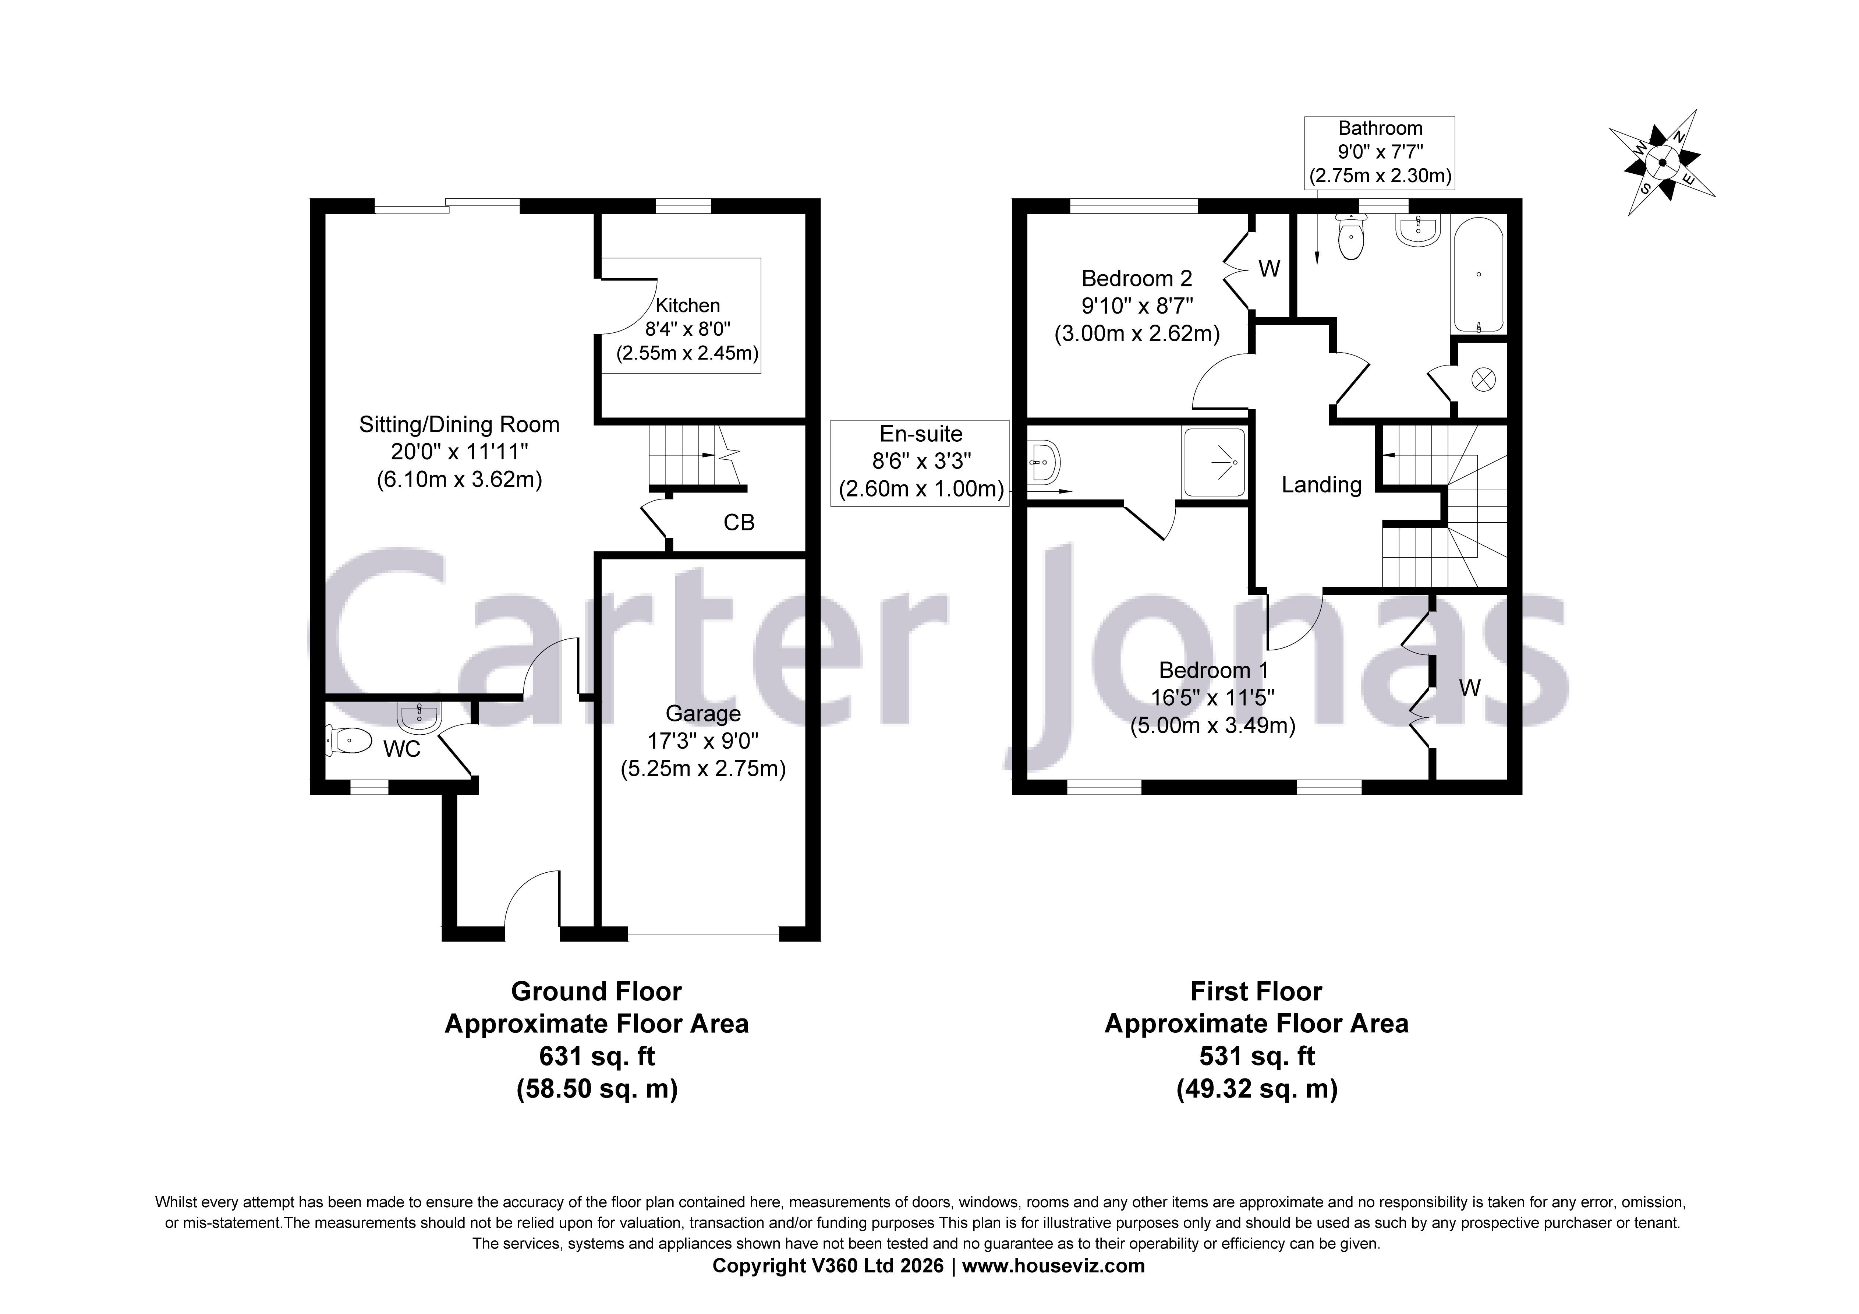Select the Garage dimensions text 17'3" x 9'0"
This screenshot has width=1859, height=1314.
pyautogui.click(x=703, y=741)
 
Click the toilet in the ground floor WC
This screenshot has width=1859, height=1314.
pyautogui.click(x=350, y=740)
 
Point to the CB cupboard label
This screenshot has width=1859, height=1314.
pyautogui.click(x=739, y=523)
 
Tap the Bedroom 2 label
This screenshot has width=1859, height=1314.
pyautogui.click(x=1137, y=279)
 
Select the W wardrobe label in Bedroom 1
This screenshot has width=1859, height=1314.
pyautogui.click(x=1470, y=688)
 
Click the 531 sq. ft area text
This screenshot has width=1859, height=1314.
pyautogui.click(x=1257, y=1056)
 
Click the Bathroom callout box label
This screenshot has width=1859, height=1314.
pyautogui.click(x=1380, y=128)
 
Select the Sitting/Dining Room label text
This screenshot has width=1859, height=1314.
pyautogui.click(x=459, y=424)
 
